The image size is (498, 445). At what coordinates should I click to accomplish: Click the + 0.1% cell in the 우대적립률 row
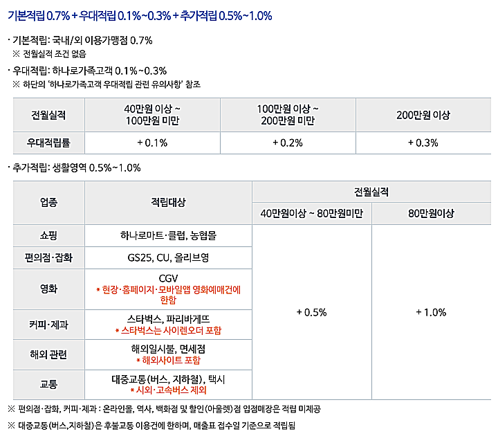[x=152, y=143]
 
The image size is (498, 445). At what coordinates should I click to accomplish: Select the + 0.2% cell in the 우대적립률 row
[x=288, y=143]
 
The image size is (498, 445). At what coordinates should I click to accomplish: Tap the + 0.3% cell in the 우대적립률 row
[x=423, y=143]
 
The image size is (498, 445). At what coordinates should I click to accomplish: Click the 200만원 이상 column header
[x=423, y=115]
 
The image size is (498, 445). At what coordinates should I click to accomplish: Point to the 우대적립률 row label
[x=48, y=143]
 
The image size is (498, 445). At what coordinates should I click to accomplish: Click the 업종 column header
[x=49, y=202]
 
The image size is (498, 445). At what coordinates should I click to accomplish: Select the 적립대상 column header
[x=168, y=202]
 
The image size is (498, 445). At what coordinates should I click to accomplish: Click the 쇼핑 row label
[x=49, y=235]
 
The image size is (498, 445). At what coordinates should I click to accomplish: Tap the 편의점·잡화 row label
[x=49, y=258]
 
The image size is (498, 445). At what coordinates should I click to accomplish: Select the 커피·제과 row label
[x=49, y=324]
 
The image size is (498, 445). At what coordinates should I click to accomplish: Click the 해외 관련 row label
[x=49, y=354]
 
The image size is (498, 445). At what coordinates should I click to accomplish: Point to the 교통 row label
[x=49, y=384]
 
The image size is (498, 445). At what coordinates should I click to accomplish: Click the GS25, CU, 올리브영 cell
[x=168, y=258]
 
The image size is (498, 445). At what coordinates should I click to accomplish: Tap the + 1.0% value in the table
[x=431, y=312]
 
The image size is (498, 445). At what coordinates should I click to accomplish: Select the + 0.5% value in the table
[x=311, y=312]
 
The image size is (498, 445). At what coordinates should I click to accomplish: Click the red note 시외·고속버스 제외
[x=168, y=390]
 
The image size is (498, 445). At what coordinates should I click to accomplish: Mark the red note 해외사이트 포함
[x=168, y=361]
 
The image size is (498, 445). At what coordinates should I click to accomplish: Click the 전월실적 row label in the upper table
[x=48, y=115]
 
